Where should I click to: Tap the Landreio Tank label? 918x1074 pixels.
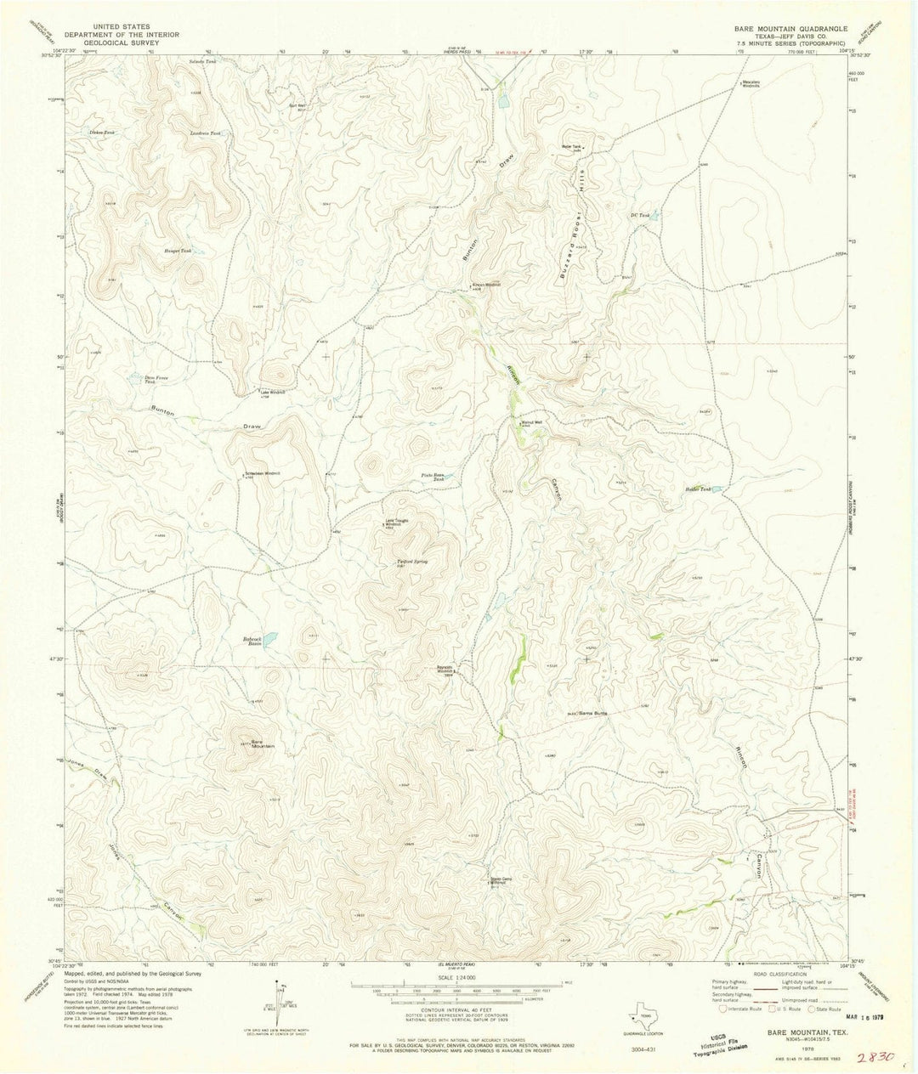[208, 133]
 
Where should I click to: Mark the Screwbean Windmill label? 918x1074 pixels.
[262, 472]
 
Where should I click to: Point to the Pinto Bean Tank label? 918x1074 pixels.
[433, 477]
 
